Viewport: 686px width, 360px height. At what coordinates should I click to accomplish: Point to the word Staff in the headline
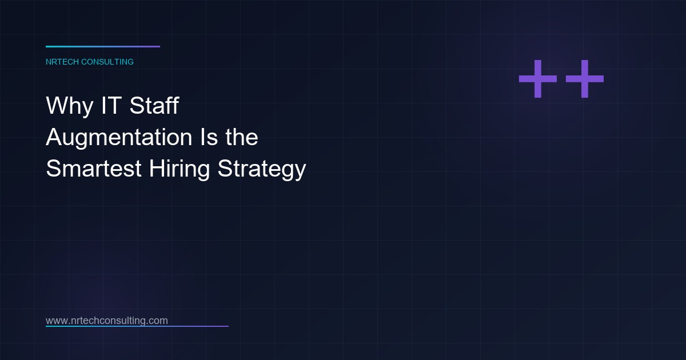point(154,106)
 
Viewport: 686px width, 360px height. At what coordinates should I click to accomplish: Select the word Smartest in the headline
point(94,169)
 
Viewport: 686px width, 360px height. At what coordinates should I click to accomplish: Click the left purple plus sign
point(537,79)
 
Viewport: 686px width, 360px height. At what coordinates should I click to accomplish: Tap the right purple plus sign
point(584,79)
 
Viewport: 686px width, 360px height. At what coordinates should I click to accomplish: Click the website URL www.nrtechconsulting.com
point(107,321)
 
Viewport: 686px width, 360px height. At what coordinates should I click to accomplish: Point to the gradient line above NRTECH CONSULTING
point(103,46)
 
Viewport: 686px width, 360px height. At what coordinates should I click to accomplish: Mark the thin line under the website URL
point(137,326)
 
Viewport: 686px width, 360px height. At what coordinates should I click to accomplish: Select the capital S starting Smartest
point(54,169)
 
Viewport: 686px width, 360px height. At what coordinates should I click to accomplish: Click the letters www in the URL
point(56,321)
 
